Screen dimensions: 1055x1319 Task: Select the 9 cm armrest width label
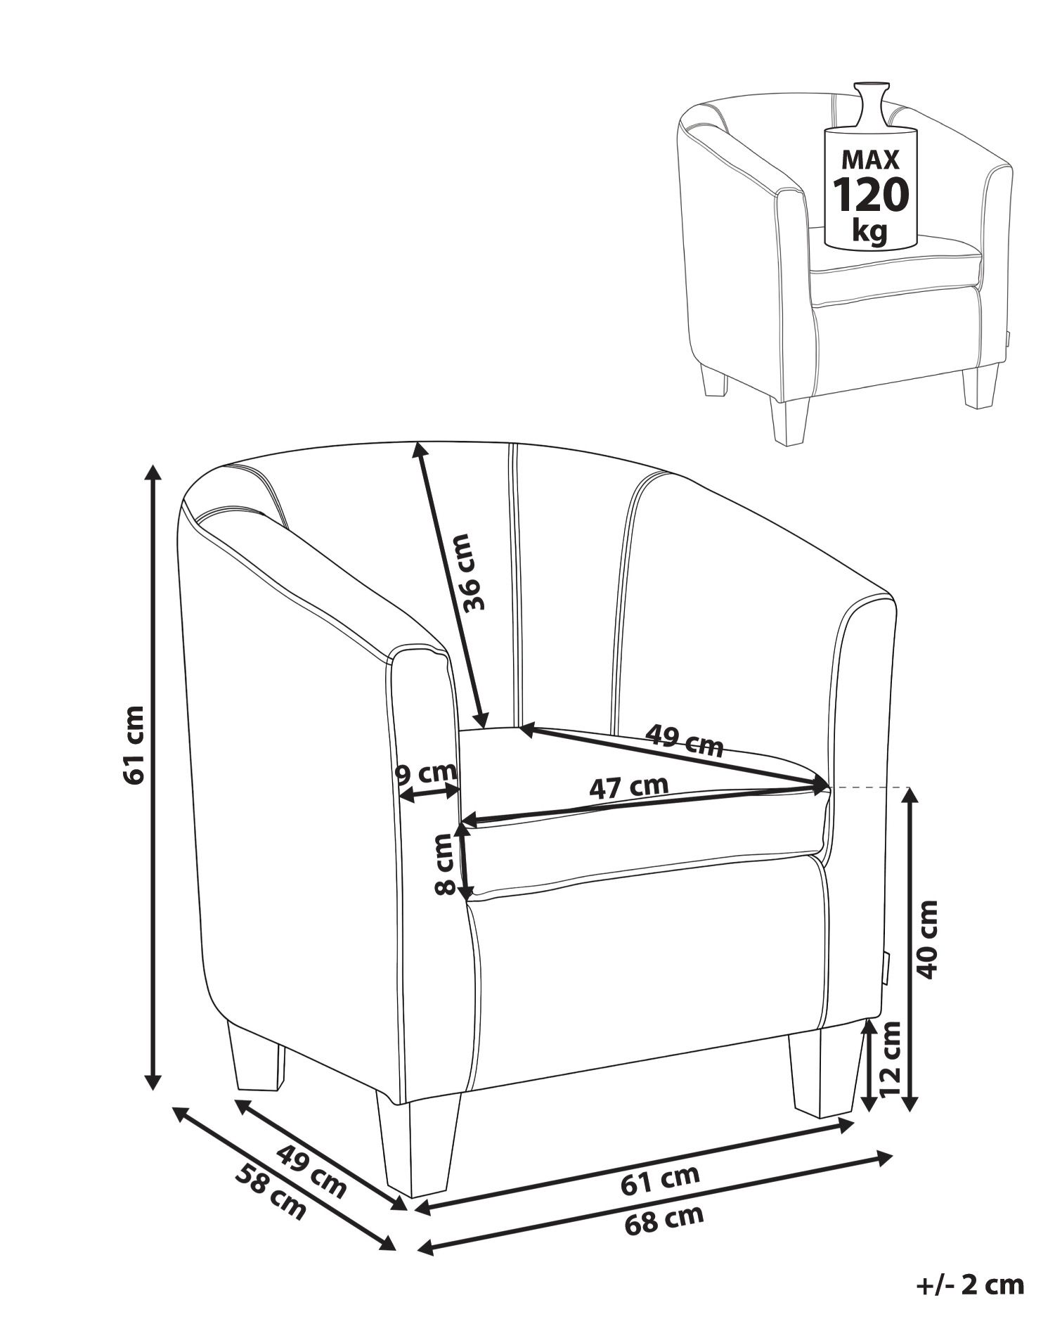pos(426,773)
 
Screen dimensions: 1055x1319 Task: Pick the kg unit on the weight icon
pos(869,231)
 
